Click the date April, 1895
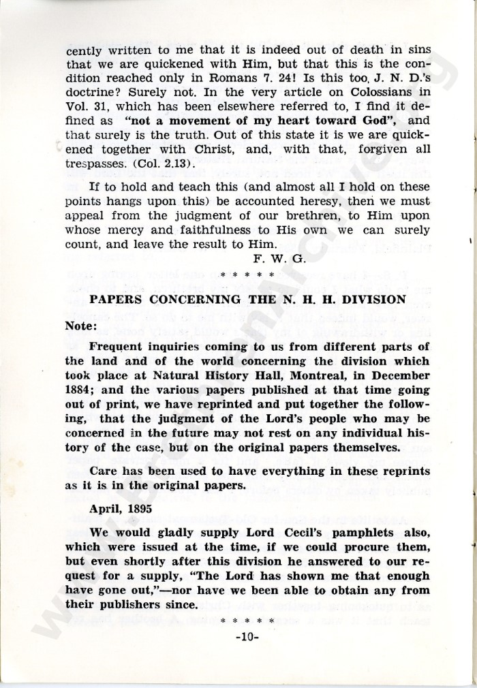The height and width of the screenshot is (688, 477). (x=121, y=508)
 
